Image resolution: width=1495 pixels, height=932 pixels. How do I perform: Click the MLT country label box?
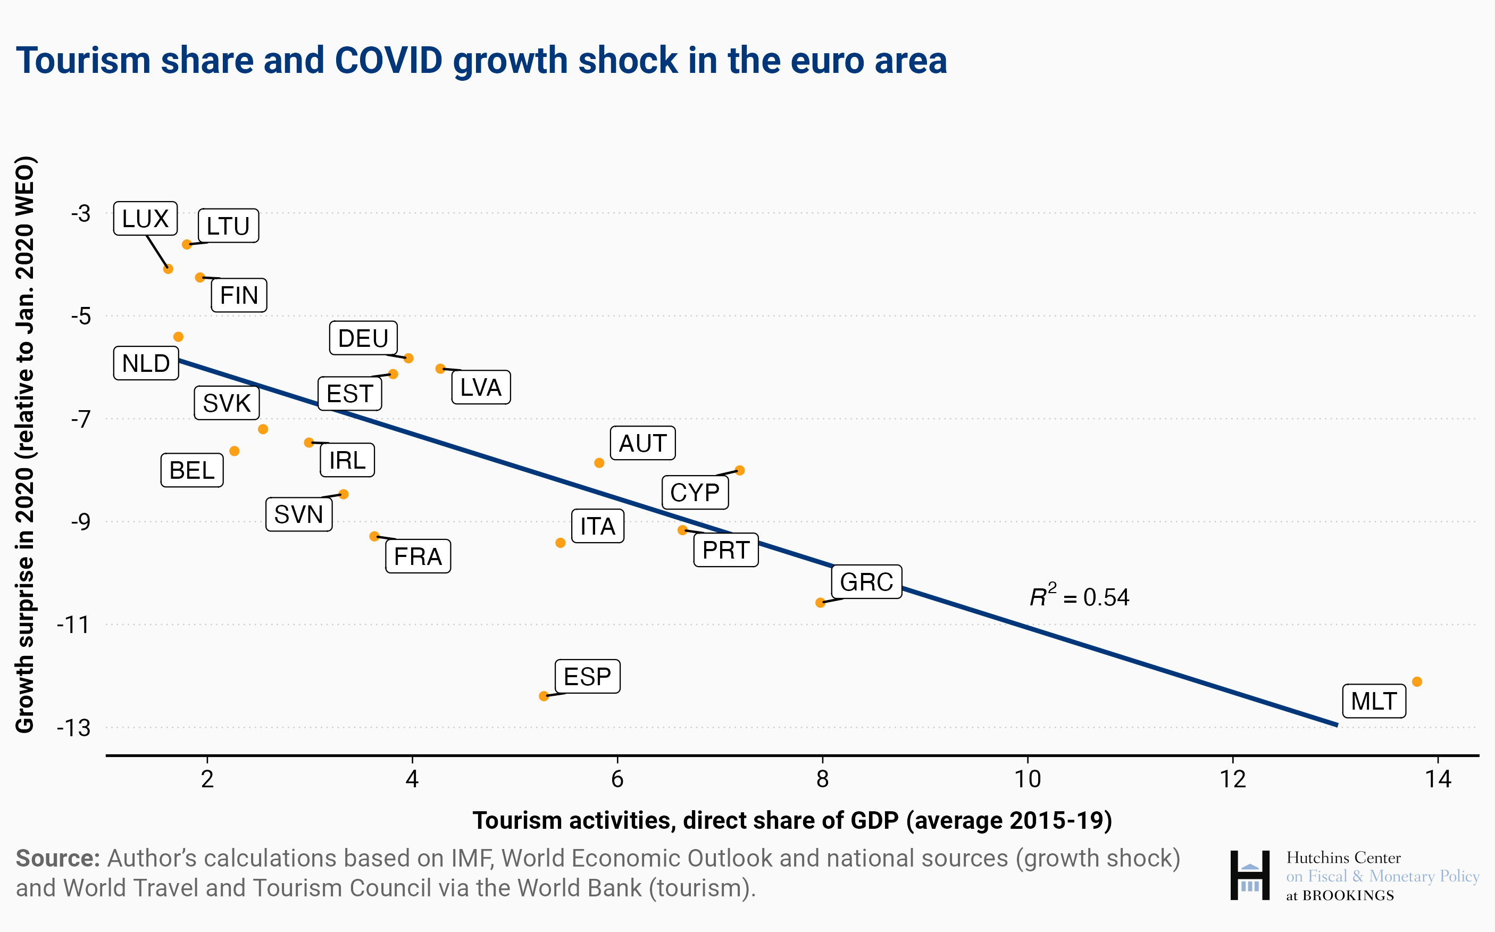tap(1374, 701)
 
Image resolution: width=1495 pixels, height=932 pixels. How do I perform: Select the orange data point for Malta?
tap(1417, 681)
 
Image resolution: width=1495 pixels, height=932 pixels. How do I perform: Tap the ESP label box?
tap(587, 676)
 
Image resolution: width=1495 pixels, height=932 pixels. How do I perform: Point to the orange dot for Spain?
tap(544, 696)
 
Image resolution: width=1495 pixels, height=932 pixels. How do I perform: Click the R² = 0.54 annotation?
tap(1079, 597)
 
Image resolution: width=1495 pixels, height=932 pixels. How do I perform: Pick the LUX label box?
tap(145, 218)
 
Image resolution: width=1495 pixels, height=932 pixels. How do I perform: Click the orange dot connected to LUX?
tap(168, 269)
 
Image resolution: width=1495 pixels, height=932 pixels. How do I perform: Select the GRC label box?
tap(866, 581)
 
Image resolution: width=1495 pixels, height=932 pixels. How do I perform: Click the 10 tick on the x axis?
tap(1028, 779)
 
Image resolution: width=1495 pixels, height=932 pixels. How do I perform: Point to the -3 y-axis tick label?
tap(80, 213)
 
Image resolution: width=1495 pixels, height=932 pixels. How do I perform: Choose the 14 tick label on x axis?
tap(1438, 779)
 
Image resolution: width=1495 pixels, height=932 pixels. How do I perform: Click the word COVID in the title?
tap(388, 61)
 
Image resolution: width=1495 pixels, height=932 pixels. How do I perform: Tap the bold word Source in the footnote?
tap(57, 858)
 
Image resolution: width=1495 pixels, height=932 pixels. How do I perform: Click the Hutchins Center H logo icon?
tap(1249, 875)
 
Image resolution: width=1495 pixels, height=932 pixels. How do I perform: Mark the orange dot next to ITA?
tap(560, 543)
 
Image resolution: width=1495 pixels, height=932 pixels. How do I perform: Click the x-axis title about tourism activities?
tap(792, 820)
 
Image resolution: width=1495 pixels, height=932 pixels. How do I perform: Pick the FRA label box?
tap(418, 556)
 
